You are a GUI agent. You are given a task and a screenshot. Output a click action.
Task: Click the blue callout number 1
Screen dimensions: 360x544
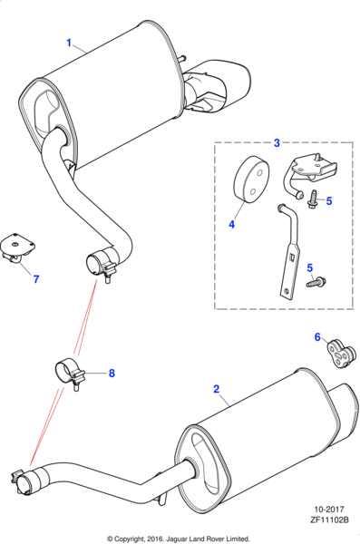click(69, 43)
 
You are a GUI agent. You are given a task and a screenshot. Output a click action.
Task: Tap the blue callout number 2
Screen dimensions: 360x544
click(217, 389)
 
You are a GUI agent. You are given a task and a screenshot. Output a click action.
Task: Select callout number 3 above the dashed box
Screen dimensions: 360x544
click(277, 142)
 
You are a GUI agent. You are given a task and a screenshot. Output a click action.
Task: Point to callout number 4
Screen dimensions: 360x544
click(231, 224)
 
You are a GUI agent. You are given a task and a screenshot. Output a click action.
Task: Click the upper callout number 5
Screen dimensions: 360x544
click(329, 200)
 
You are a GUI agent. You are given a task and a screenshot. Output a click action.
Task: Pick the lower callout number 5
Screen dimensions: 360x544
click(309, 267)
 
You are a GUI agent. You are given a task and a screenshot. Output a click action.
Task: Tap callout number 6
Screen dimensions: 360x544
click(317, 337)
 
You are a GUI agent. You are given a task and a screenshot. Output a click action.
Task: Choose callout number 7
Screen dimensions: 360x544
click(36, 279)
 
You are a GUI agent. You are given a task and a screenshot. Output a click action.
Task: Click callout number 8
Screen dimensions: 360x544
click(112, 373)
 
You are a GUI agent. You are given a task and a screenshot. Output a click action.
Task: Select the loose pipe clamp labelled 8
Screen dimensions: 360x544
click(70, 374)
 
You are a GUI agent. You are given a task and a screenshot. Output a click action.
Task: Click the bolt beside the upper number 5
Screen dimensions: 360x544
click(311, 199)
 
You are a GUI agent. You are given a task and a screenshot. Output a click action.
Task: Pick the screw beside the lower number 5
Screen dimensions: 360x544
click(316, 282)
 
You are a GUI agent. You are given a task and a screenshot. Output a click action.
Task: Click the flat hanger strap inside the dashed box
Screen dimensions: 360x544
click(290, 253)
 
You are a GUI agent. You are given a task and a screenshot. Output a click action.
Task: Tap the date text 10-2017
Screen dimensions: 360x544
click(329, 510)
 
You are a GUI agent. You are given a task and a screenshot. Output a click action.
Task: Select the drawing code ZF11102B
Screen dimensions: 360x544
click(329, 520)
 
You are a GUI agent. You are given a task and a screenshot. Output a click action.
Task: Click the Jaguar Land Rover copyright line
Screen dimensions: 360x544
click(179, 539)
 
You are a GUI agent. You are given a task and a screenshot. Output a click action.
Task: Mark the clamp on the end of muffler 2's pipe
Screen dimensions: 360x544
click(23, 481)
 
